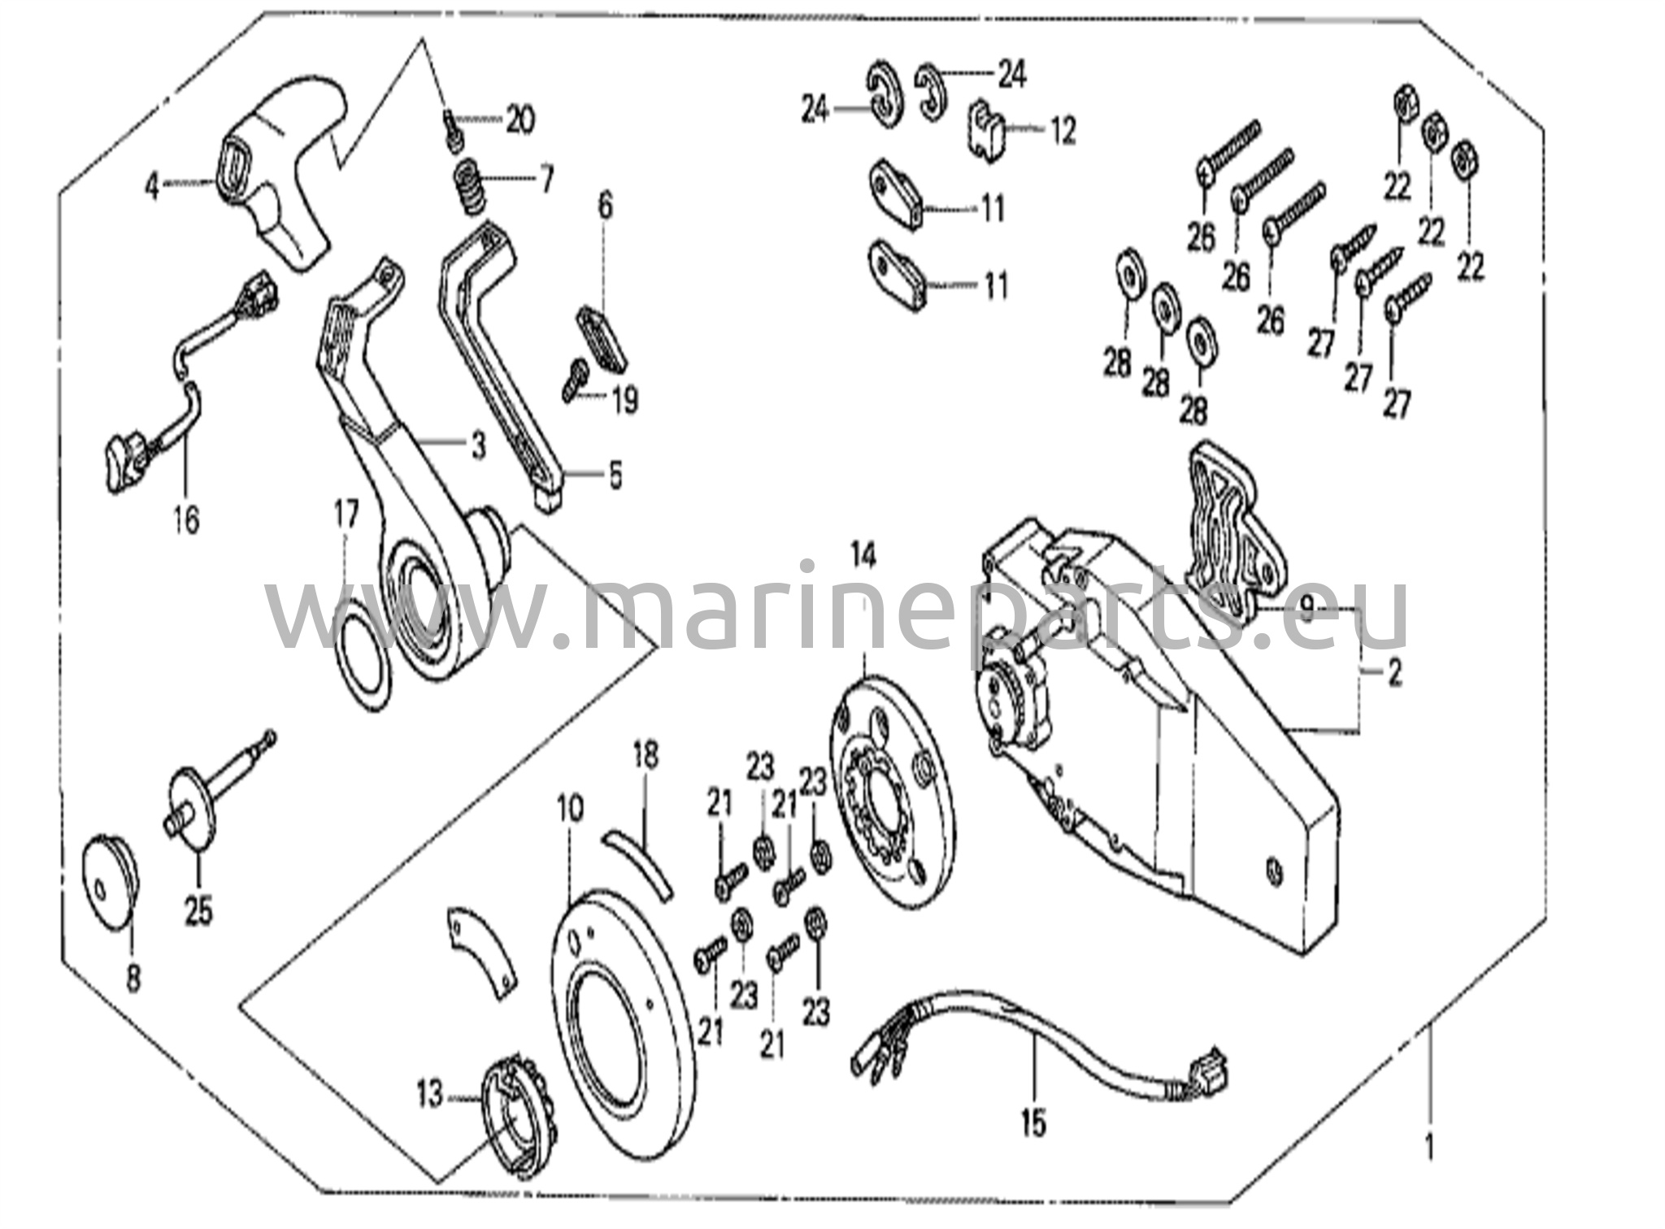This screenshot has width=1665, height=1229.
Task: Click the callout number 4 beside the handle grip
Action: pyautogui.click(x=151, y=188)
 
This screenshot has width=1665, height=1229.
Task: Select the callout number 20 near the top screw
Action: pyautogui.click(x=519, y=121)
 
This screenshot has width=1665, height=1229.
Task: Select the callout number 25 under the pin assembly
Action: pyautogui.click(x=198, y=910)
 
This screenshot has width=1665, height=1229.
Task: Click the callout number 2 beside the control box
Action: pyautogui.click(x=1394, y=674)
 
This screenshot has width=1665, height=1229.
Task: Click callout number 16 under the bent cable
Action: pyautogui.click(x=186, y=519)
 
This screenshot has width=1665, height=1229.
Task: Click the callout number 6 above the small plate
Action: pyautogui.click(x=606, y=206)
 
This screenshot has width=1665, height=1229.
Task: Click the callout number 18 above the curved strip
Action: pyautogui.click(x=645, y=756)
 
